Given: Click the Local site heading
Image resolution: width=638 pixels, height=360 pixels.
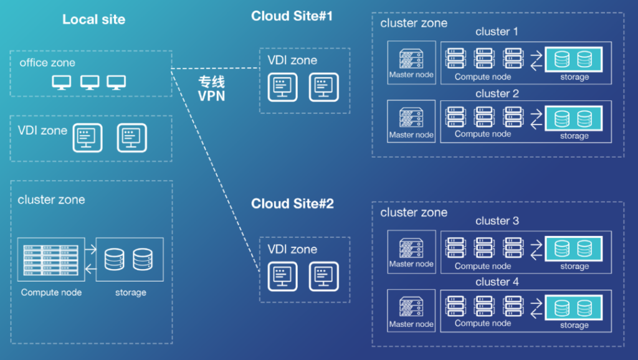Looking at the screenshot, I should click(x=93, y=19).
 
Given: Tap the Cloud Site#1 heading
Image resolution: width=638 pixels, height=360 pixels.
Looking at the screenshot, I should click(x=292, y=16).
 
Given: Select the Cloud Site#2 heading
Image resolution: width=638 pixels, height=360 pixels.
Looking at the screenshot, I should click(x=292, y=204).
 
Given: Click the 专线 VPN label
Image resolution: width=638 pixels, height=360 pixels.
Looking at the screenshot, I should click(x=211, y=89).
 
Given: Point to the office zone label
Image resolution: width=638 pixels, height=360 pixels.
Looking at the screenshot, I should click(x=47, y=63).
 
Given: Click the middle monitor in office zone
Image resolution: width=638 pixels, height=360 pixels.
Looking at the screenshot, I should click(x=90, y=82).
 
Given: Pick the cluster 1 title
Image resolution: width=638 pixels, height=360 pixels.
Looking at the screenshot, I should click(x=497, y=32).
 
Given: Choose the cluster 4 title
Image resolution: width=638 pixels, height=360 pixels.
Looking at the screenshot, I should click(x=497, y=282).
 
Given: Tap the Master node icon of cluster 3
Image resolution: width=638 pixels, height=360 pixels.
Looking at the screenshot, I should click(x=411, y=247).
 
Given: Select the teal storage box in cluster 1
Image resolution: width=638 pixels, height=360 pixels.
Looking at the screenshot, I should click(x=574, y=59).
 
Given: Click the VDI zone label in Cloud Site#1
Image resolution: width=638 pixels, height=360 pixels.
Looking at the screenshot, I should click(x=292, y=60).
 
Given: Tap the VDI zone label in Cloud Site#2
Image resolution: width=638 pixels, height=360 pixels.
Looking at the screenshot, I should click(x=292, y=249).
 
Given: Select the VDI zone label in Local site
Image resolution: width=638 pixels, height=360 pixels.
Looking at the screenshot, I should click(x=42, y=131).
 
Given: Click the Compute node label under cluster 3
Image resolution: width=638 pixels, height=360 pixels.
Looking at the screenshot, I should click(x=483, y=266).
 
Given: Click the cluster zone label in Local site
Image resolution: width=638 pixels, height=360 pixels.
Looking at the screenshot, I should click(x=51, y=200).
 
